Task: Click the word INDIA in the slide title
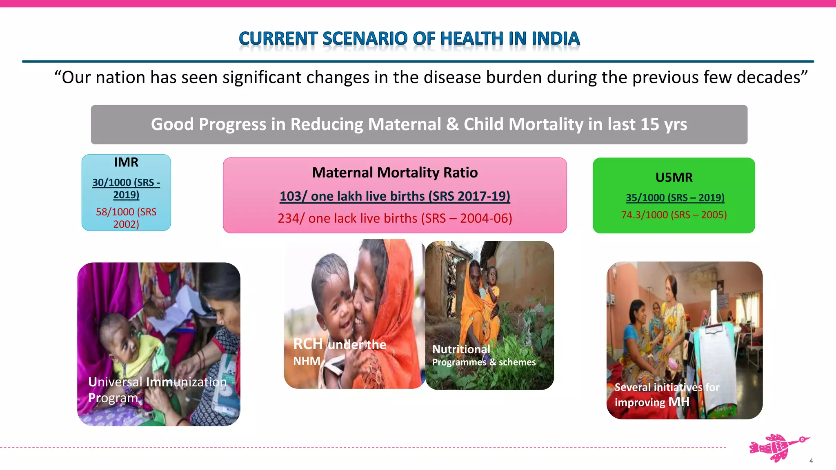click(x=556, y=39)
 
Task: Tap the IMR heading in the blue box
click(x=126, y=162)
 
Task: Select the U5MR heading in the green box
click(x=674, y=177)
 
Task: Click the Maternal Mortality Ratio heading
click(x=395, y=173)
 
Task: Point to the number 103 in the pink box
click(x=290, y=196)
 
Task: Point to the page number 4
click(x=811, y=461)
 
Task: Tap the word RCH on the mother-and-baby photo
click(x=308, y=344)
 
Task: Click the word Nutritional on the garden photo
click(x=461, y=349)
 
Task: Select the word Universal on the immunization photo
click(x=115, y=382)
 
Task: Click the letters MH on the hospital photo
click(x=678, y=402)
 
